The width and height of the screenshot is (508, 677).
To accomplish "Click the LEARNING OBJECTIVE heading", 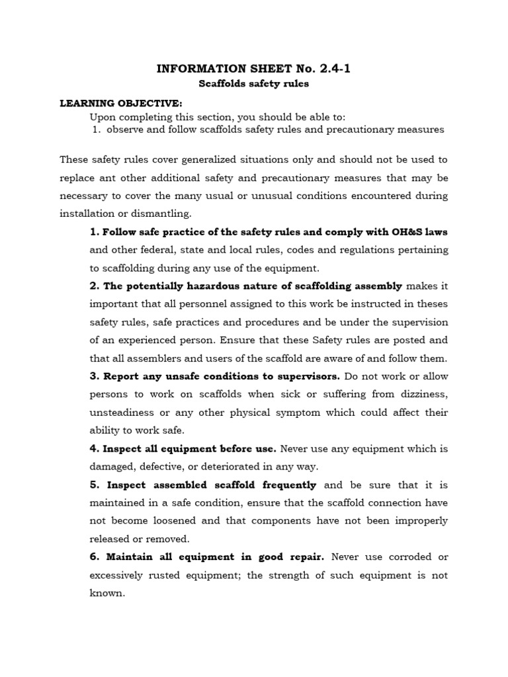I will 120,104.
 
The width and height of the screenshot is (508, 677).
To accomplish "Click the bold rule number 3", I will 94,376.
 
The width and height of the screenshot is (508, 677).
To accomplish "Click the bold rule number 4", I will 94,448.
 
